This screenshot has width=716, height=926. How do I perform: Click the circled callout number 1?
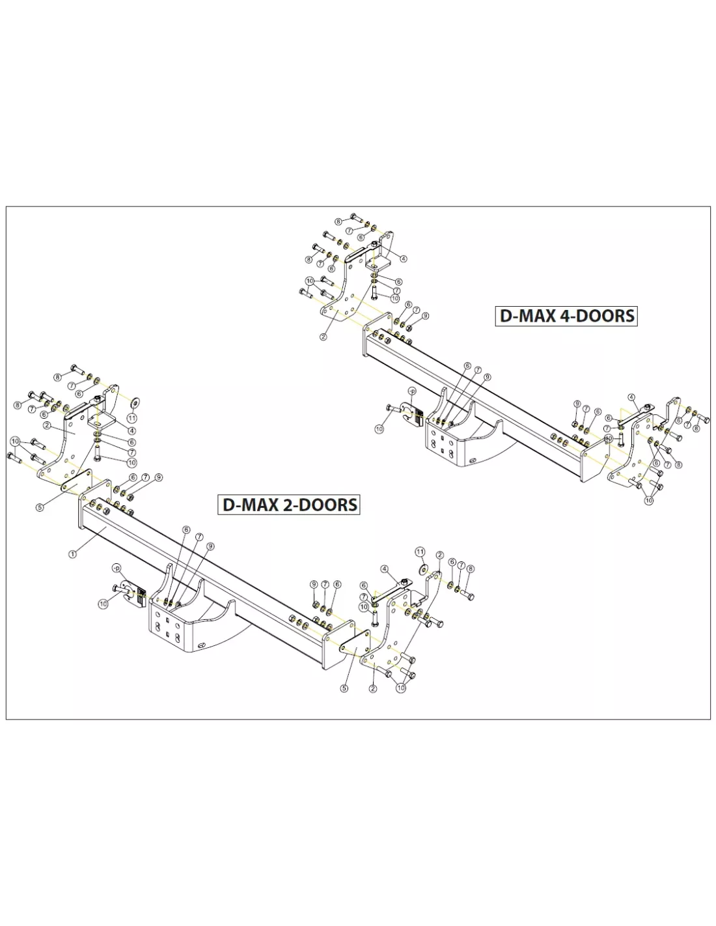tap(72, 554)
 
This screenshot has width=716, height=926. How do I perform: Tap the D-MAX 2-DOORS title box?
tap(289, 505)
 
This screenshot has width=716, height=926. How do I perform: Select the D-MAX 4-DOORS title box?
tap(566, 316)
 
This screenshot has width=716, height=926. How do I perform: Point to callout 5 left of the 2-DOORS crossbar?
tap(40, 507)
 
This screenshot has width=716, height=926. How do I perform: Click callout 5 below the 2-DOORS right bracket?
tap(344, 688)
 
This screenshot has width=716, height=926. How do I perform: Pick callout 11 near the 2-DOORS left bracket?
tap(132, 418)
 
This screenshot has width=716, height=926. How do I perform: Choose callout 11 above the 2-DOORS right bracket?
tap(420, 552)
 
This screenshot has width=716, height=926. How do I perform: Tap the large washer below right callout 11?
tap(424, 569)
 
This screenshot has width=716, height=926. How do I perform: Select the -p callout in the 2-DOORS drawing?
tap(116, 568)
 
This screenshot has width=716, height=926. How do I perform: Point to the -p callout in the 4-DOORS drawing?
tap(411, 391)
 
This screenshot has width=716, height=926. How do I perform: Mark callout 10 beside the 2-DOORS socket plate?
tap(103, 604)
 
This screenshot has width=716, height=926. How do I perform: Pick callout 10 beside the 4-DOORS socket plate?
tap(379, 428)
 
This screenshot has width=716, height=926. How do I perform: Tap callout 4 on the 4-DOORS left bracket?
tap(404, 259)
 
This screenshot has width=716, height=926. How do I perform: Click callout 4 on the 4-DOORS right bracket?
tap(631, 398)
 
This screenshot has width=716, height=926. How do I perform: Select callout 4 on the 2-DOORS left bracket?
tap(132, 431)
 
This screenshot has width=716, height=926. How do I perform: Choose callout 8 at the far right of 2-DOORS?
tap(470, 569)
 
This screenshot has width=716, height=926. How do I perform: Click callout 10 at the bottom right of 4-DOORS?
tap(649, 500)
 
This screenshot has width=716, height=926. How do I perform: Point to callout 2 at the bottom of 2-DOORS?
tap(373, 689)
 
